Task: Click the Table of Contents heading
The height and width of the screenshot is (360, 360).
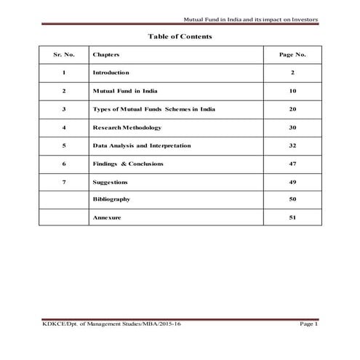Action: click(x=180, y=36)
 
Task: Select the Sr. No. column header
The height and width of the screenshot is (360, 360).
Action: click(x=64, y=55)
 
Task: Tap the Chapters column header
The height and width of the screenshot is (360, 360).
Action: click(x=106, y=55)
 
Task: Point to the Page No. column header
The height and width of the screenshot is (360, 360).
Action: click(x=292, y=55)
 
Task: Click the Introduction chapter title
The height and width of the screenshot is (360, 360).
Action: click(x=111, y=73)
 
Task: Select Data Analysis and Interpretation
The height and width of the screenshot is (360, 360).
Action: click(x=142, y=145)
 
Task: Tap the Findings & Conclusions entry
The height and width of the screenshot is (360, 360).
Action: click(x=128, y=164)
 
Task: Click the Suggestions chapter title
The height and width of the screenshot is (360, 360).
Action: click(x=110, y=182)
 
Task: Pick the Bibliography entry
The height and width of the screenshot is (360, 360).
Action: click(x=111, y=199)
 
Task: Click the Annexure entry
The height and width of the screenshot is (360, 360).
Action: click(x=105, y=217)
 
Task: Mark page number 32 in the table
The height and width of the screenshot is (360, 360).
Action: click(x=292, y=145)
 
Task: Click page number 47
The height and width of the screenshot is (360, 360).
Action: click(x=292, y=164)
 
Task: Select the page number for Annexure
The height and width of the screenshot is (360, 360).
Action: click(x=292, y=217)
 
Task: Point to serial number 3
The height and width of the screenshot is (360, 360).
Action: click(x=64, y=109)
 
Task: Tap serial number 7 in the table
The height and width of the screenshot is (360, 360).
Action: click(x=64, y=182)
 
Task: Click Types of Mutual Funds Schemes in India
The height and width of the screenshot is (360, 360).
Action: click(x=153, y=109)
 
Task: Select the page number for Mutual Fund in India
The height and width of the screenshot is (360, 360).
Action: click(x=292, y=91)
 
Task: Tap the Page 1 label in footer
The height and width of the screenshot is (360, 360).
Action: click(x=308, y=324)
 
